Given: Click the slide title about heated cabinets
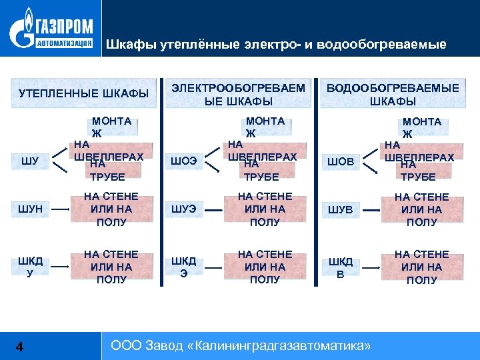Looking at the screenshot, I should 276,45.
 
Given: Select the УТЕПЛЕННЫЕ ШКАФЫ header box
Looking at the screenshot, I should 83,93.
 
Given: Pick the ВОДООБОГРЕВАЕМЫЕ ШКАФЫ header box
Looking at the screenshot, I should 393,94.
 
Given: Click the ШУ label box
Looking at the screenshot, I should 30,160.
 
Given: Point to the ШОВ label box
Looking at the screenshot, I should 339,160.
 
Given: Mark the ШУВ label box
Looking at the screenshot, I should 339,209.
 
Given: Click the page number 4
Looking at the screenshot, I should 19,346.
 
